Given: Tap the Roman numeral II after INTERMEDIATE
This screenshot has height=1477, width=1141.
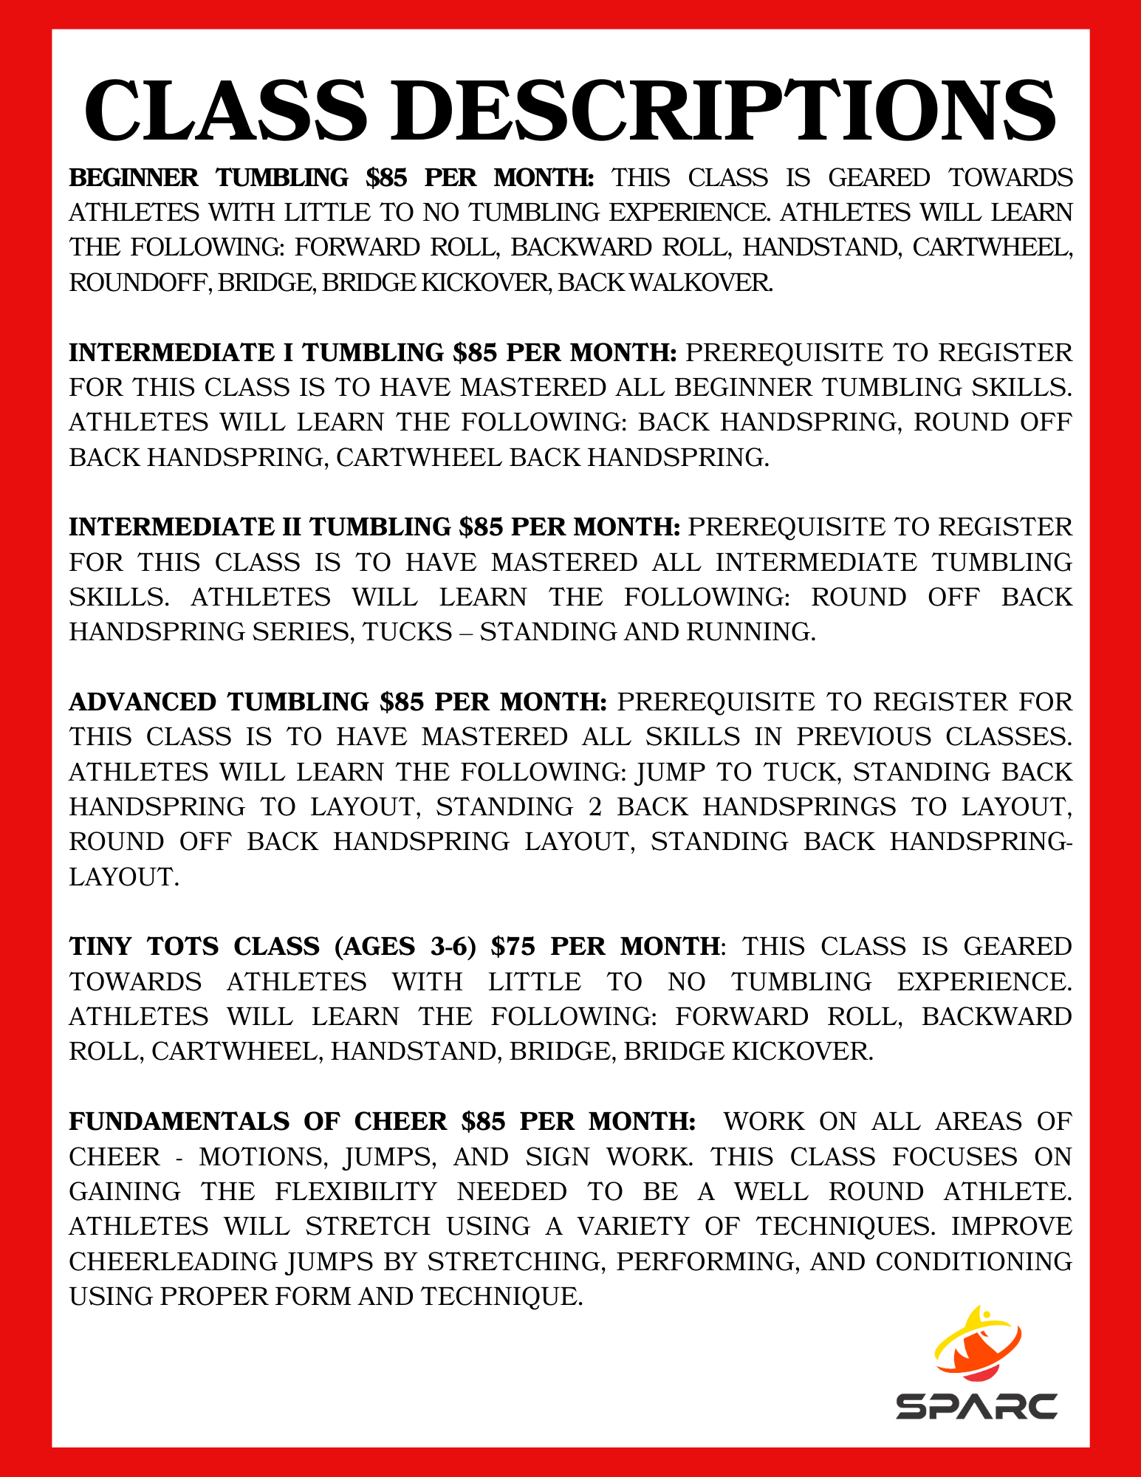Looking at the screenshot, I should pyautogui.click(x=291, y=527).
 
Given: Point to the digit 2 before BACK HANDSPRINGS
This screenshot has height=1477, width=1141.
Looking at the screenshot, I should pyautogui.click(x=595, y=806).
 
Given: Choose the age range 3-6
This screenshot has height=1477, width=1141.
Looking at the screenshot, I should pyautogui.click(x=453, y=947).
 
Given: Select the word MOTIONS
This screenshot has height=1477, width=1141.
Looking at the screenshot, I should pyautogui.click(x=263, y=1156).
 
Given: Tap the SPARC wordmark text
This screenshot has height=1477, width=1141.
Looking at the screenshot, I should pyautogui.click(x=976, y=1406).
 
